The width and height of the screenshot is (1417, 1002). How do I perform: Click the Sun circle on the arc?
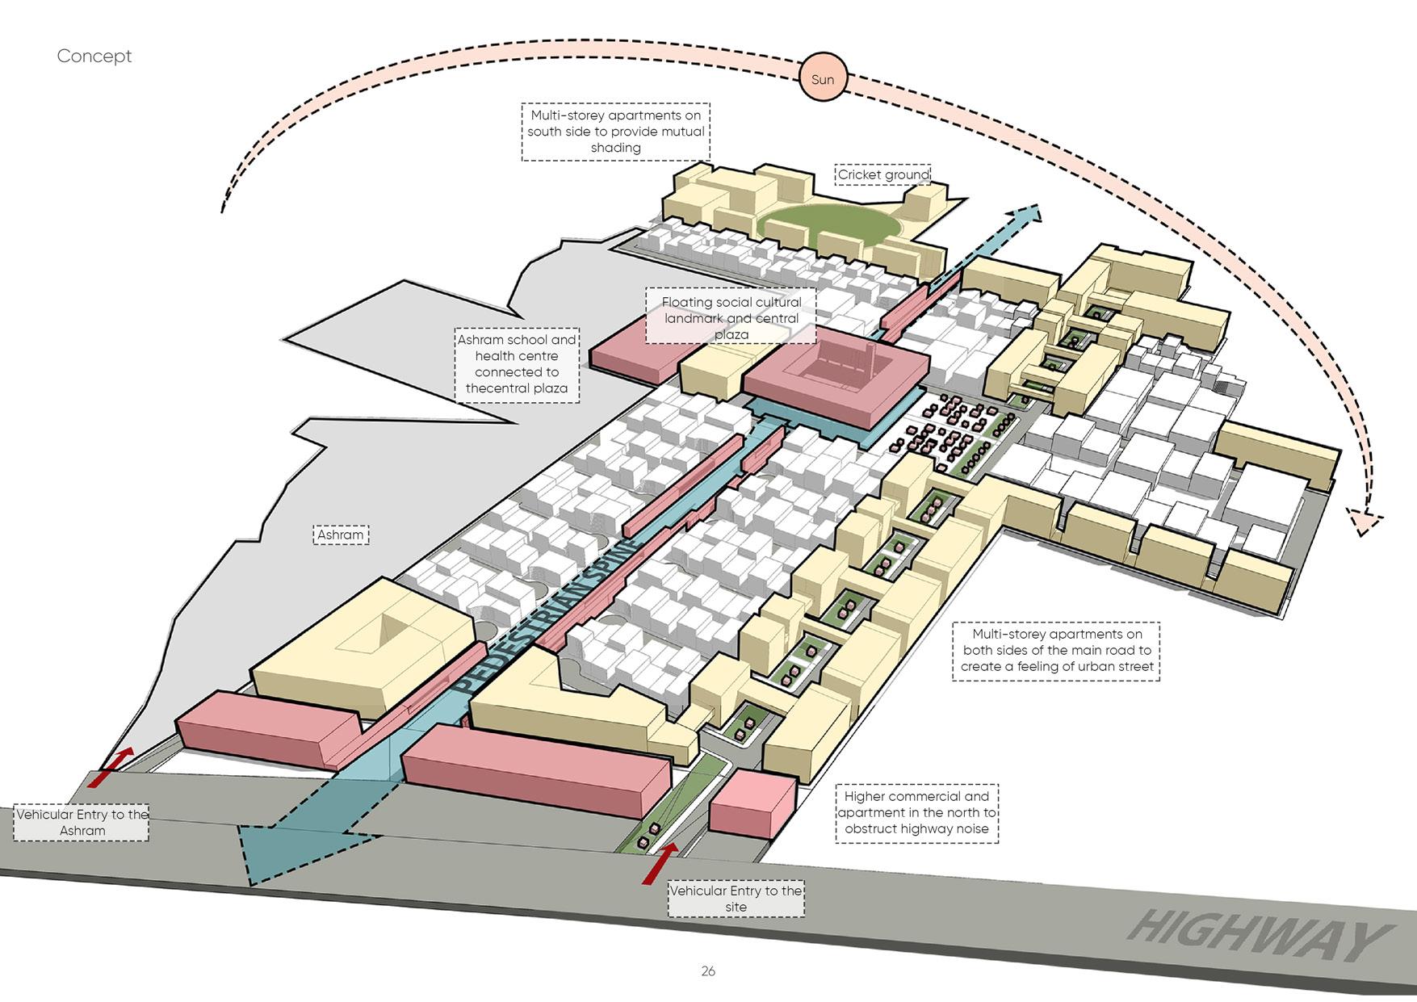coord(822,79)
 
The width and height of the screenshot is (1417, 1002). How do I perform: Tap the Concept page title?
coord(94,56)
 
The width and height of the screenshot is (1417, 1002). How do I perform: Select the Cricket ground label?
coord(882,174)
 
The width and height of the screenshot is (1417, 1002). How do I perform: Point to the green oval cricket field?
coord(827,224)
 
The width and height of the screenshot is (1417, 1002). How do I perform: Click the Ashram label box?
coord(340,535)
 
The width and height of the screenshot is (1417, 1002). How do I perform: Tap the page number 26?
coord(708,971)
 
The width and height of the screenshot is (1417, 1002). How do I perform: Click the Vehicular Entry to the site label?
coord(736,899)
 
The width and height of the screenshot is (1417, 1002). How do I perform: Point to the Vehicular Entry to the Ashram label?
coord(82,822)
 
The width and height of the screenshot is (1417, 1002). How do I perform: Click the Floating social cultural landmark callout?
coord(731,317)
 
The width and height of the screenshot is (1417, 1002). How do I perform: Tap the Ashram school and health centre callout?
coord(517,364)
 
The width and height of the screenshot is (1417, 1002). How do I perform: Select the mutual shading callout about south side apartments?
coord(615,132)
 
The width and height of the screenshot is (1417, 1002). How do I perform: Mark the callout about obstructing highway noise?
coord(916,812)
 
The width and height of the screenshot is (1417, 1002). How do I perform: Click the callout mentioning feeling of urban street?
coord(1056,651)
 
